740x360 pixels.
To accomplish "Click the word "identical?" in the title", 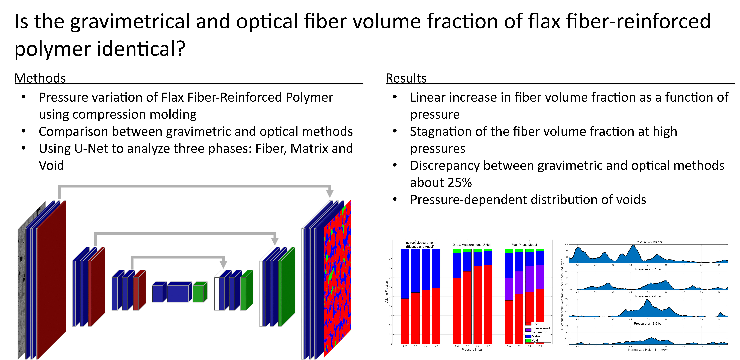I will (141, 49).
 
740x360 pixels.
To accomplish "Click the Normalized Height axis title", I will (648, 350).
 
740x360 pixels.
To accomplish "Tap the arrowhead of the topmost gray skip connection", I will (330, 193).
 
